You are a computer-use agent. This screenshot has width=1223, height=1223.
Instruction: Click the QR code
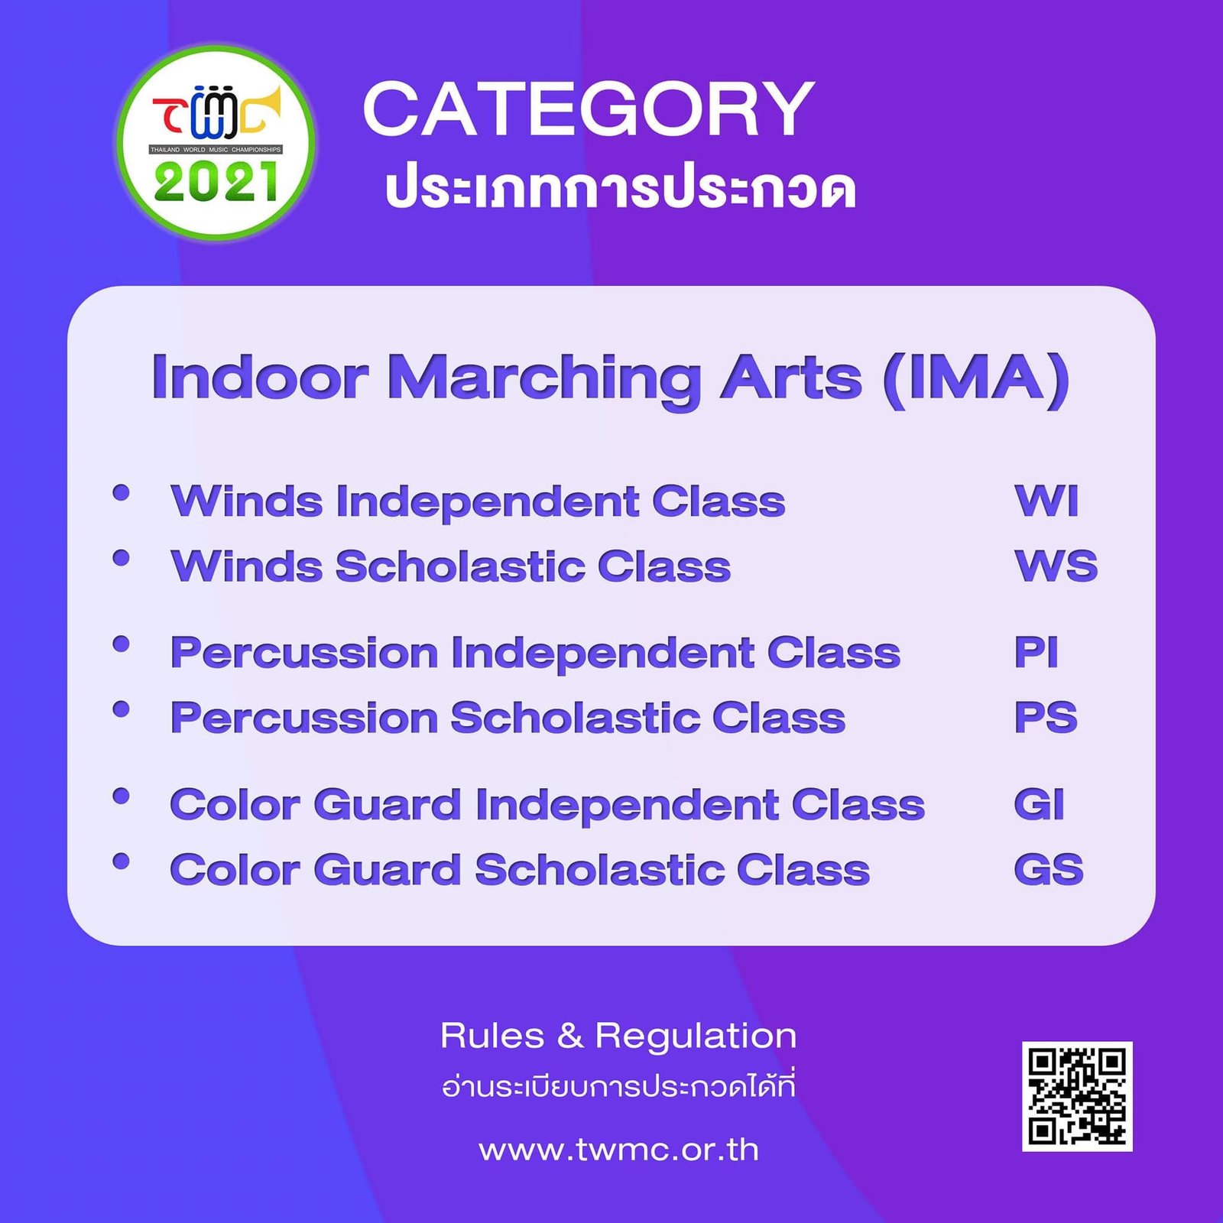point(1077,1096)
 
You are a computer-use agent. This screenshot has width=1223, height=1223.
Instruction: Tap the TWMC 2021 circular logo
point(216,142)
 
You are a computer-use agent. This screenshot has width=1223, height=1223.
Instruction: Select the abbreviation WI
point(1046,501)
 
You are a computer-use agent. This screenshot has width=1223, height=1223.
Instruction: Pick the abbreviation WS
point(1056,566)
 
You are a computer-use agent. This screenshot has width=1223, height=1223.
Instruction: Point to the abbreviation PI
point(1036,653)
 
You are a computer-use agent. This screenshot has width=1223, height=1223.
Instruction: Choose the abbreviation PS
point(1046,718)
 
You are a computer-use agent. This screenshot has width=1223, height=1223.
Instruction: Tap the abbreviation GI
point(1039,805)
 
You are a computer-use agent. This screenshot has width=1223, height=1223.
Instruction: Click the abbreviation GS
point(1049,870)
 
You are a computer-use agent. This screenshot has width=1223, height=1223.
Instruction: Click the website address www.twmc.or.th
point(618,1150)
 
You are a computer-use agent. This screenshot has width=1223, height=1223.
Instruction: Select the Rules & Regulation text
point(618,1036)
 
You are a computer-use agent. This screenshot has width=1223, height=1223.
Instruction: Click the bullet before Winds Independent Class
point(121,492)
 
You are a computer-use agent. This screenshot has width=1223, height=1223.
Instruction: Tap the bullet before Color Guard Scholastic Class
point(121,861)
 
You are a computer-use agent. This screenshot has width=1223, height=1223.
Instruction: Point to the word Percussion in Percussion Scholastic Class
point(304,718)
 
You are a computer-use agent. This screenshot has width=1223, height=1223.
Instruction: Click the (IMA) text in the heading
point(976,378)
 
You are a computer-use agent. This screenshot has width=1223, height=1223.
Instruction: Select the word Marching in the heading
point(544,379)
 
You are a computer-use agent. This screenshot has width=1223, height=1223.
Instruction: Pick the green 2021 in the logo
point(216,183)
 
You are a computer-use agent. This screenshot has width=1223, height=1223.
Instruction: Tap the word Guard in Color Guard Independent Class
point(388,805)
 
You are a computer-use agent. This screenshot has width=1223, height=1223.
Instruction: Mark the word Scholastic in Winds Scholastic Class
point(460,566)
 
